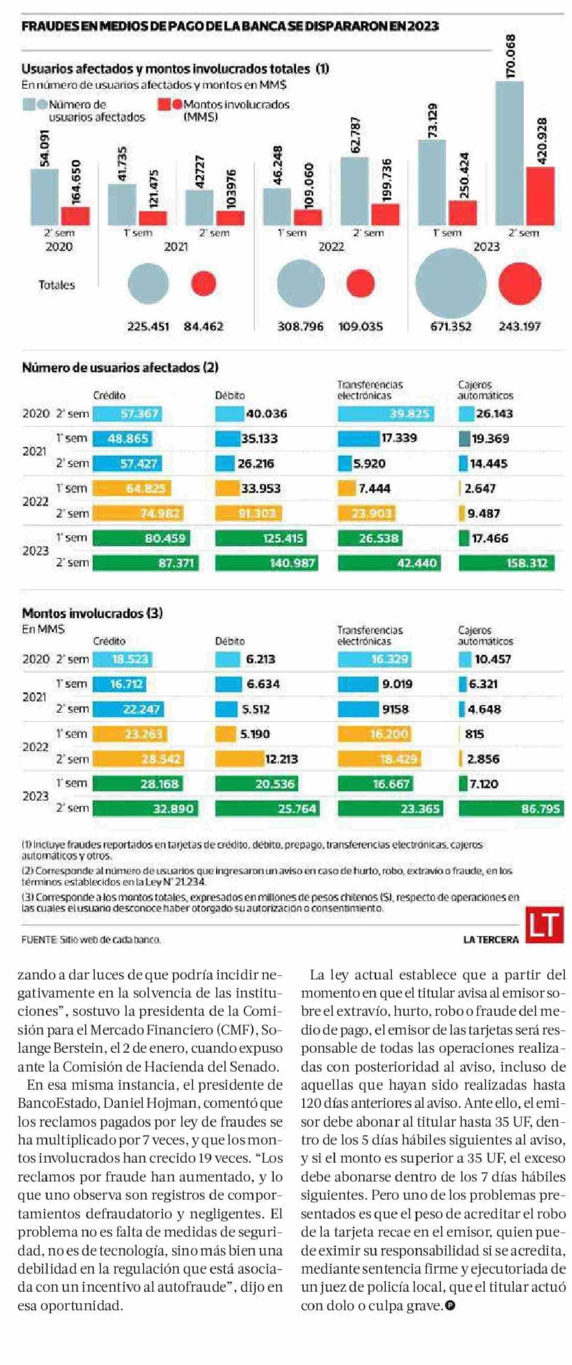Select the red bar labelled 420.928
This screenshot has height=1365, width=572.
tap(540, 196)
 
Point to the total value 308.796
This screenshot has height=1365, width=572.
tap(300, 326)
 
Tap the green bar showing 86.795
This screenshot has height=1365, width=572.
tap(511, 809)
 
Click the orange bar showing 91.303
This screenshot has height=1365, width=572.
tap(249, 513)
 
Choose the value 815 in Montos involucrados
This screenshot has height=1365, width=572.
tap(474, 734)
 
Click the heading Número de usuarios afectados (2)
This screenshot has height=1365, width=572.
tap(120, 367)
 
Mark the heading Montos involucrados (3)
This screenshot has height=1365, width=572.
tap(92, 613)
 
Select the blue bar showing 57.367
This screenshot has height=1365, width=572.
tap(127, 413)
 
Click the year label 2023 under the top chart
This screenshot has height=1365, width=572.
tap(486, 247)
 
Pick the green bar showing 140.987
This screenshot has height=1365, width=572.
tap(266, 563)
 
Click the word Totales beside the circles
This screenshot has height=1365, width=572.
tap(57, 285)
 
